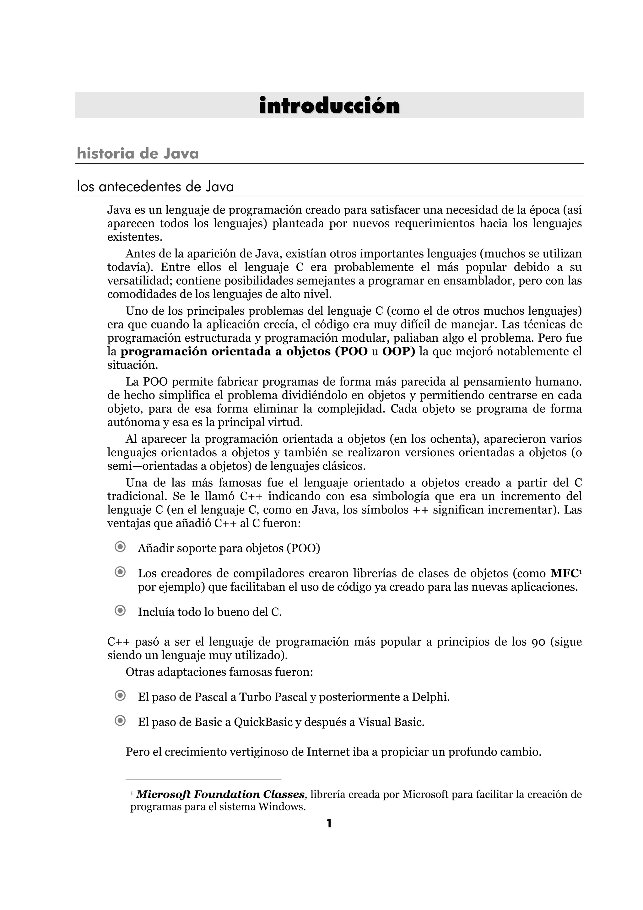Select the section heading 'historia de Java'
tap(138, 153)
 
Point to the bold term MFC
tap(564, 573)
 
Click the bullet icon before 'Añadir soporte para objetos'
tap(120, 547)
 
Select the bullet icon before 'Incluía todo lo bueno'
tap(120, 611)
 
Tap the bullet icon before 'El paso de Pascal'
tap(120, 696)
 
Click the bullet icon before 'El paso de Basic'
tap(120, 721)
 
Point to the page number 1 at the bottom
tap(328, 824)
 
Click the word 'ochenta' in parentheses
tap(451, 439)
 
